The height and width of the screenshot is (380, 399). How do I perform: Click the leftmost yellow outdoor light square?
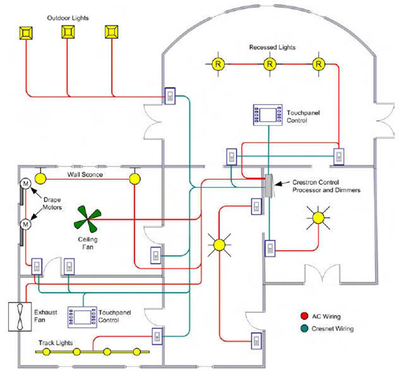(26, 33)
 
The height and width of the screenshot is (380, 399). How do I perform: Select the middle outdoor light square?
(68, 33)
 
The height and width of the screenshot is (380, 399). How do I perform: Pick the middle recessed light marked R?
(269, 63)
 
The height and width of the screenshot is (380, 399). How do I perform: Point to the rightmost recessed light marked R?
(319, 63)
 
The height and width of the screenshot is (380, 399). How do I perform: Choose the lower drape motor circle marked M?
(26, 224)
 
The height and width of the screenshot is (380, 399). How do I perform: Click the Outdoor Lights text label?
(68, 18)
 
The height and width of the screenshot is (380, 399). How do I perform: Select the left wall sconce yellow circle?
(40, 177)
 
